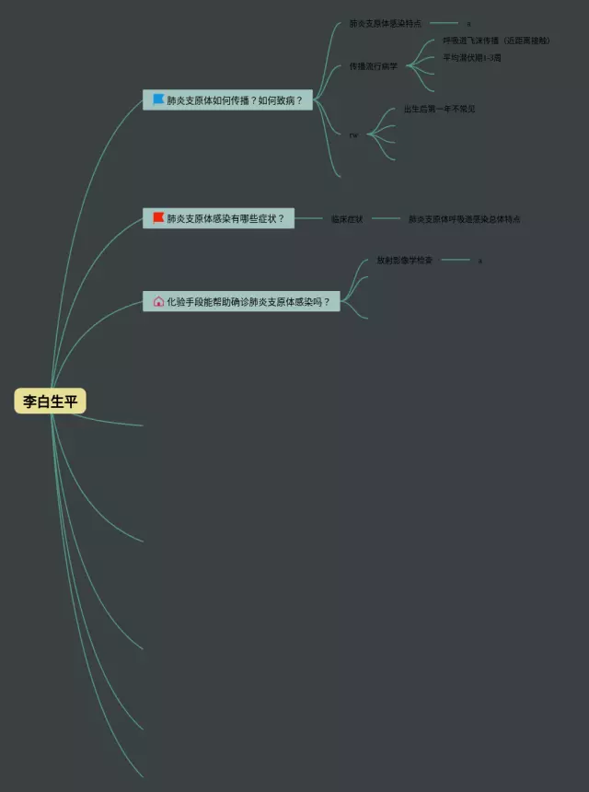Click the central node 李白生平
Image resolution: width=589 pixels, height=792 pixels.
51,402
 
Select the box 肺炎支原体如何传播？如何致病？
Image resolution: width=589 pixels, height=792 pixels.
227,99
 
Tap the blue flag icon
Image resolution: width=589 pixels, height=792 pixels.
159,99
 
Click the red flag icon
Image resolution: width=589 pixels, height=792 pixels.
159,218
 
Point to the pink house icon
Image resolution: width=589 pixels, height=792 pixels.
159,301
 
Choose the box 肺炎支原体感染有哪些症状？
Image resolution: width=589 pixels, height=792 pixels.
218,219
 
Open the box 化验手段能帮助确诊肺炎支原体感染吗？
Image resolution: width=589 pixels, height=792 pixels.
241,301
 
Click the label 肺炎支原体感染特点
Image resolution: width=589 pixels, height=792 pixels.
385,23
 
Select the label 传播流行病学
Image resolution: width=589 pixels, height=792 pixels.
374,66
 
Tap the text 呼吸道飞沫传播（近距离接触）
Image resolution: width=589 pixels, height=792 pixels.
497,41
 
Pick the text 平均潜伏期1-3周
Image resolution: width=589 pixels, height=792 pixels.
472,57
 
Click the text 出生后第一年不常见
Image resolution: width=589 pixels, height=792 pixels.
440,109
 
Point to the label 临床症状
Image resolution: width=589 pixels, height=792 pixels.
347,219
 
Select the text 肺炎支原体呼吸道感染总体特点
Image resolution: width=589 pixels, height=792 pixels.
465,219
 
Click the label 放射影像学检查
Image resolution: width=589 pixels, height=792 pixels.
404,260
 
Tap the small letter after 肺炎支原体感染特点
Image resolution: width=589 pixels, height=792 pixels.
468,24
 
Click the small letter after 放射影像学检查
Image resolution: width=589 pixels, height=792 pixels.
479,261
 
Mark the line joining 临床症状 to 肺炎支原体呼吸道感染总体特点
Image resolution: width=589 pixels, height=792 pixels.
386,219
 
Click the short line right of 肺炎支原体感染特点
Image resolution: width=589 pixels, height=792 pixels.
444,23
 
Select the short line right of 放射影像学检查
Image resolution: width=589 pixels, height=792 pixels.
456,260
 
